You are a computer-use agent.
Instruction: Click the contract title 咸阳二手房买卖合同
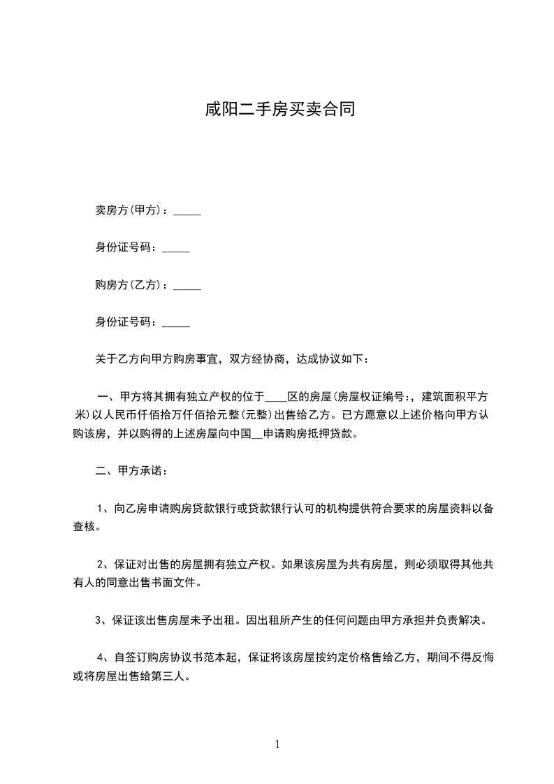pos(277,110)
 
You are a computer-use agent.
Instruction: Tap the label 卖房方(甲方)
pos(129,210)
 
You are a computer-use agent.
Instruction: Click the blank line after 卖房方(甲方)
pos(187,212)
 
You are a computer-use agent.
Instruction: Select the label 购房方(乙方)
pos(129,285)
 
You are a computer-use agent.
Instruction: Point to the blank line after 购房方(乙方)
pos(187,287)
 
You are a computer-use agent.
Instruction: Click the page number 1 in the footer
pos(277,745)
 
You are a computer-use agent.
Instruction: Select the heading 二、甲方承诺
pos(131,471)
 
